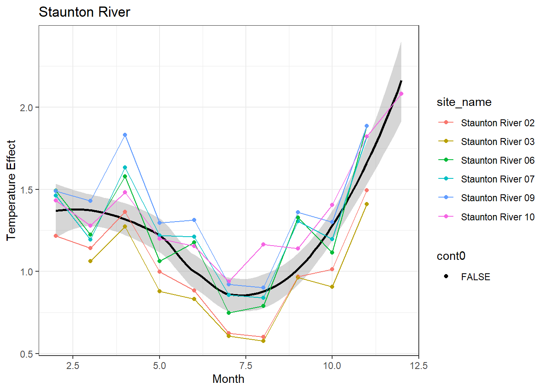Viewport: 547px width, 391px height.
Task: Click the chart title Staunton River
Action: tap(84, 12)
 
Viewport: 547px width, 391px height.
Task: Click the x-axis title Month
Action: tap(228, 379)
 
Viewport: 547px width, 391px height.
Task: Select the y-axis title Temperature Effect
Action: tap(11, 190)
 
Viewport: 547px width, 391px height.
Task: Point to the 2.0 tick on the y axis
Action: tap(27, 108)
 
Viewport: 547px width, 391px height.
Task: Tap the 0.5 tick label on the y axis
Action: tap(27, 354)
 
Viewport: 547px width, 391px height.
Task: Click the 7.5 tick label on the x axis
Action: tap(246, 366)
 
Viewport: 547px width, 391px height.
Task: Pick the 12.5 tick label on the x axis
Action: tap(419, 366)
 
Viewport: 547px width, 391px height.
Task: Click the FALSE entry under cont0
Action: tap(475, 277)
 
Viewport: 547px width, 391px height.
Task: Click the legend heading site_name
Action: tap(464, 102)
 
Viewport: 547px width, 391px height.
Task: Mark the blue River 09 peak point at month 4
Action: tap(125, 135)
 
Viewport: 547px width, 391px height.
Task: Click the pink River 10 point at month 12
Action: tap(401, 94)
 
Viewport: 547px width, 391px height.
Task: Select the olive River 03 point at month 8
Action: tap(263, 341)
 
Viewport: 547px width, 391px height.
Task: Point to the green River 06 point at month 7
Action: tap(229, 313)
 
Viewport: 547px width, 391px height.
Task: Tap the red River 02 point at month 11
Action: tap(367, 190)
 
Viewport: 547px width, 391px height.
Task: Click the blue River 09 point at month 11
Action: tap(367, 126)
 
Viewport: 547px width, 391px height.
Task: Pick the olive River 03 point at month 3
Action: tap(90, 261)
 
